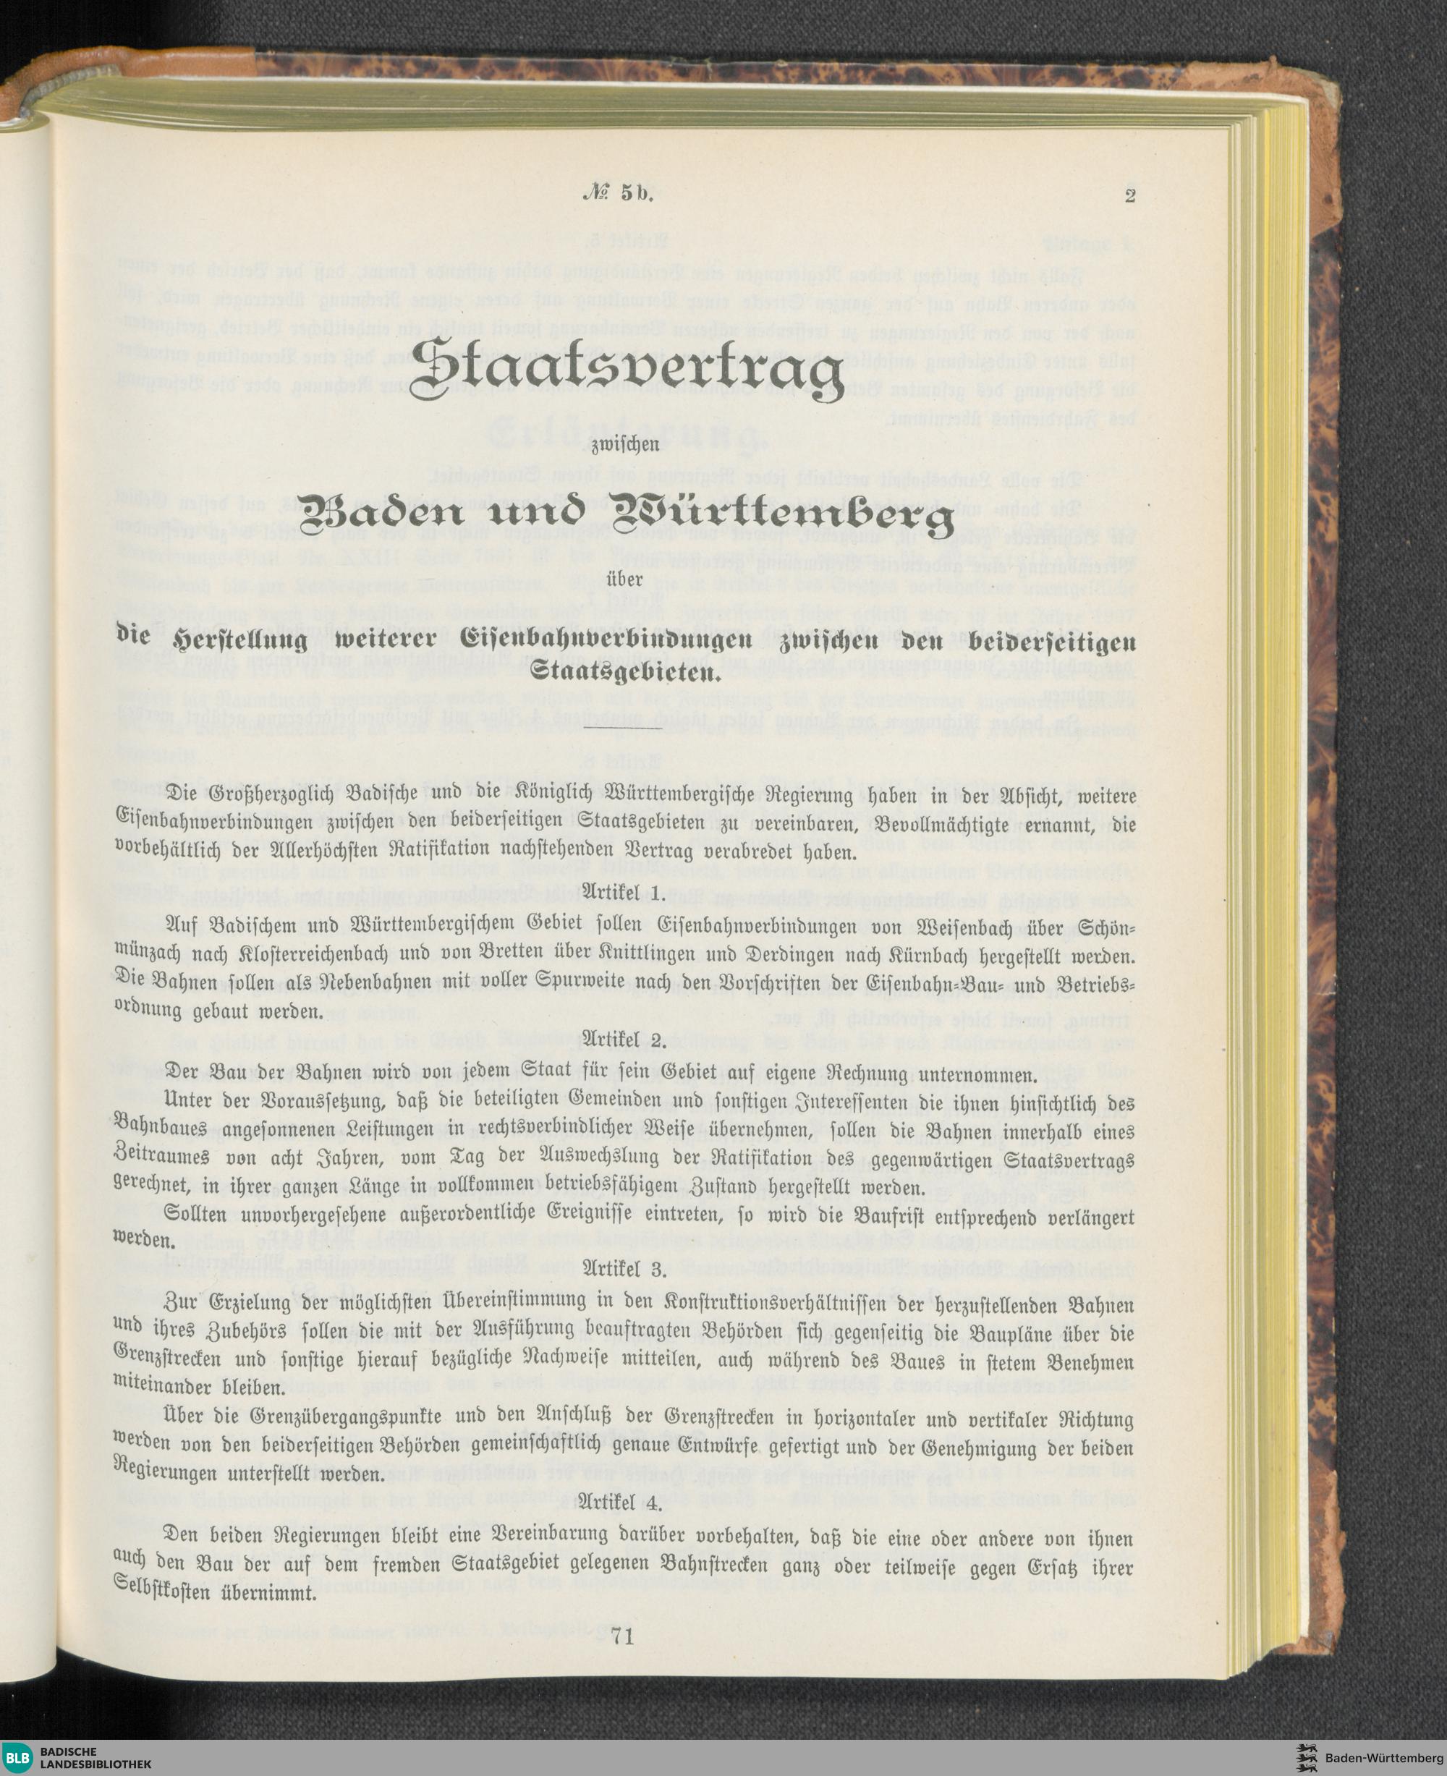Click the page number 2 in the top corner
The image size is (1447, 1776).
pyautogui.click(x=1129, y=197)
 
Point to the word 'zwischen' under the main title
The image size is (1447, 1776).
pyautogui.click(x=624, y=444)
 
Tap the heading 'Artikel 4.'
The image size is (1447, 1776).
pyautogui.click(x=624, y=1504)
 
